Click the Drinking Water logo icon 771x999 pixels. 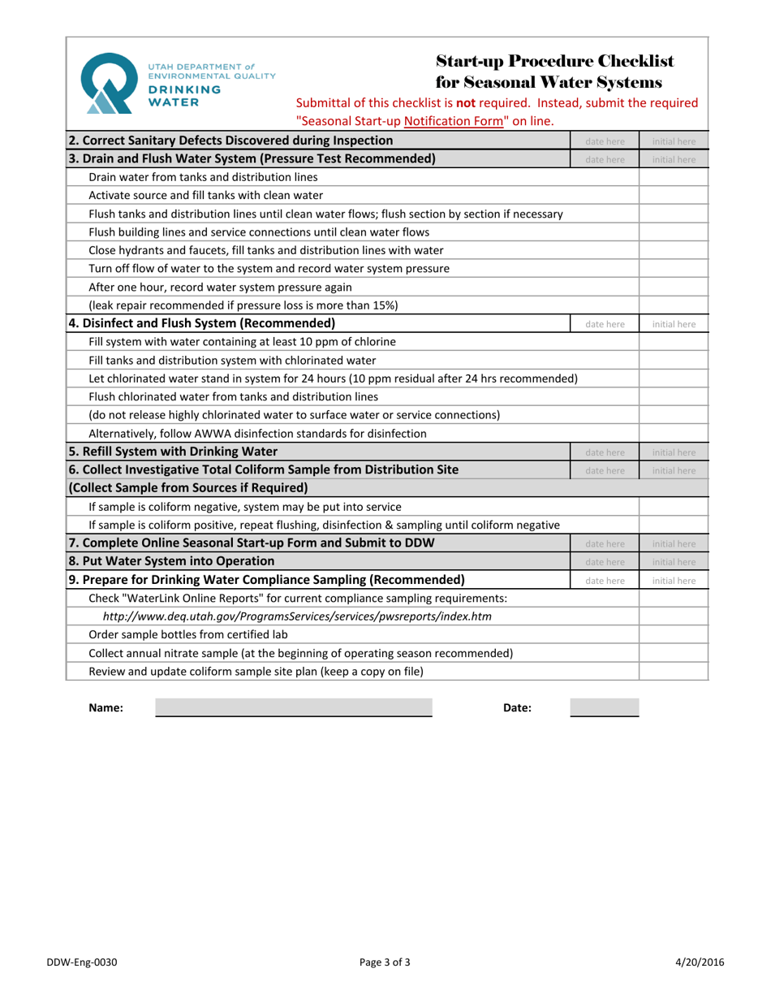click(x=110, y=82)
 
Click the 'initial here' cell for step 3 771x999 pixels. click(x=674, y=159)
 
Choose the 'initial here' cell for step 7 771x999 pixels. click(x=674, y=543)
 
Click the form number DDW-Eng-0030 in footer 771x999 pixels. click(x=82, y=963)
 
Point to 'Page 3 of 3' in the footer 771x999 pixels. click(x=385, y=963)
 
